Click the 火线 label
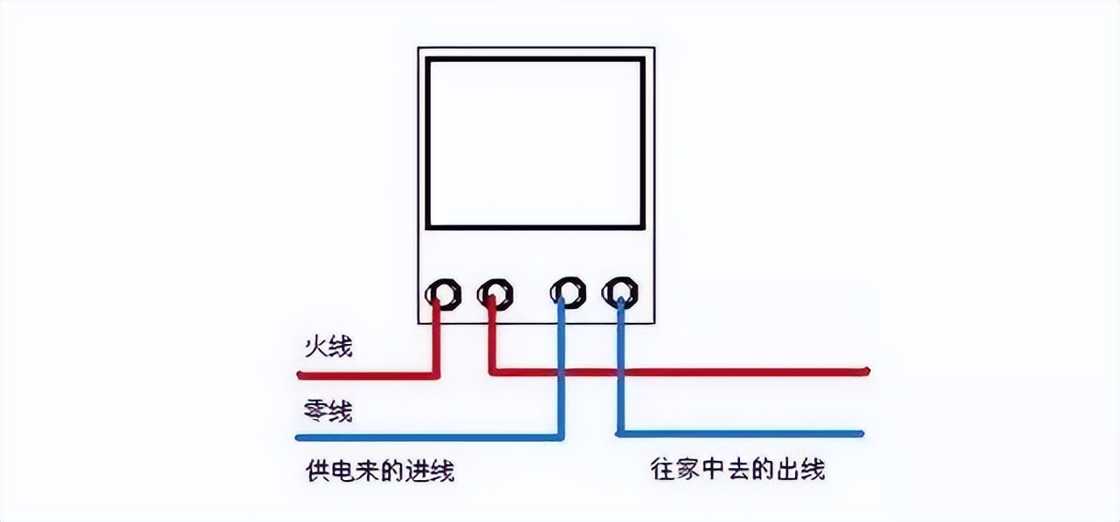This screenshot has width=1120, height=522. (328, 347)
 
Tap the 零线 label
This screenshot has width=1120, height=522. (328, 409)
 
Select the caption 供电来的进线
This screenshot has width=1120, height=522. (380, 471)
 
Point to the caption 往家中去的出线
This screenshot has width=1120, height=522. (738, 470)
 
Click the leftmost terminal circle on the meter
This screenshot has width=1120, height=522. (444, 293)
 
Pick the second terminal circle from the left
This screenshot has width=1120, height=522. (495, 293)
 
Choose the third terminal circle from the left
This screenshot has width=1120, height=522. (568, 292)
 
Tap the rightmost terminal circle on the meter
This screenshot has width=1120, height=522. (619, 292)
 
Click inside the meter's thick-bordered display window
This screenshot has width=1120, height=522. (535, 143)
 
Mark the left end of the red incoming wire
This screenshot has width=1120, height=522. (300, 375)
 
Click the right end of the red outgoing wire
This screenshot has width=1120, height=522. (867, 371)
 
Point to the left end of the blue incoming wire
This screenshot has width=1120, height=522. (299, 436)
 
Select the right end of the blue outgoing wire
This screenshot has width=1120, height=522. (861, 433)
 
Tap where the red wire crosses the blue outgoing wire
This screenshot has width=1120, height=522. (619, 372)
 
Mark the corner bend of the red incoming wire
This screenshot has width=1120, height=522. (436, 375)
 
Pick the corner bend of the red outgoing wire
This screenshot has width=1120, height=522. (492, 371)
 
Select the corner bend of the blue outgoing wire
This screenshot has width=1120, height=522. (619, 432)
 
